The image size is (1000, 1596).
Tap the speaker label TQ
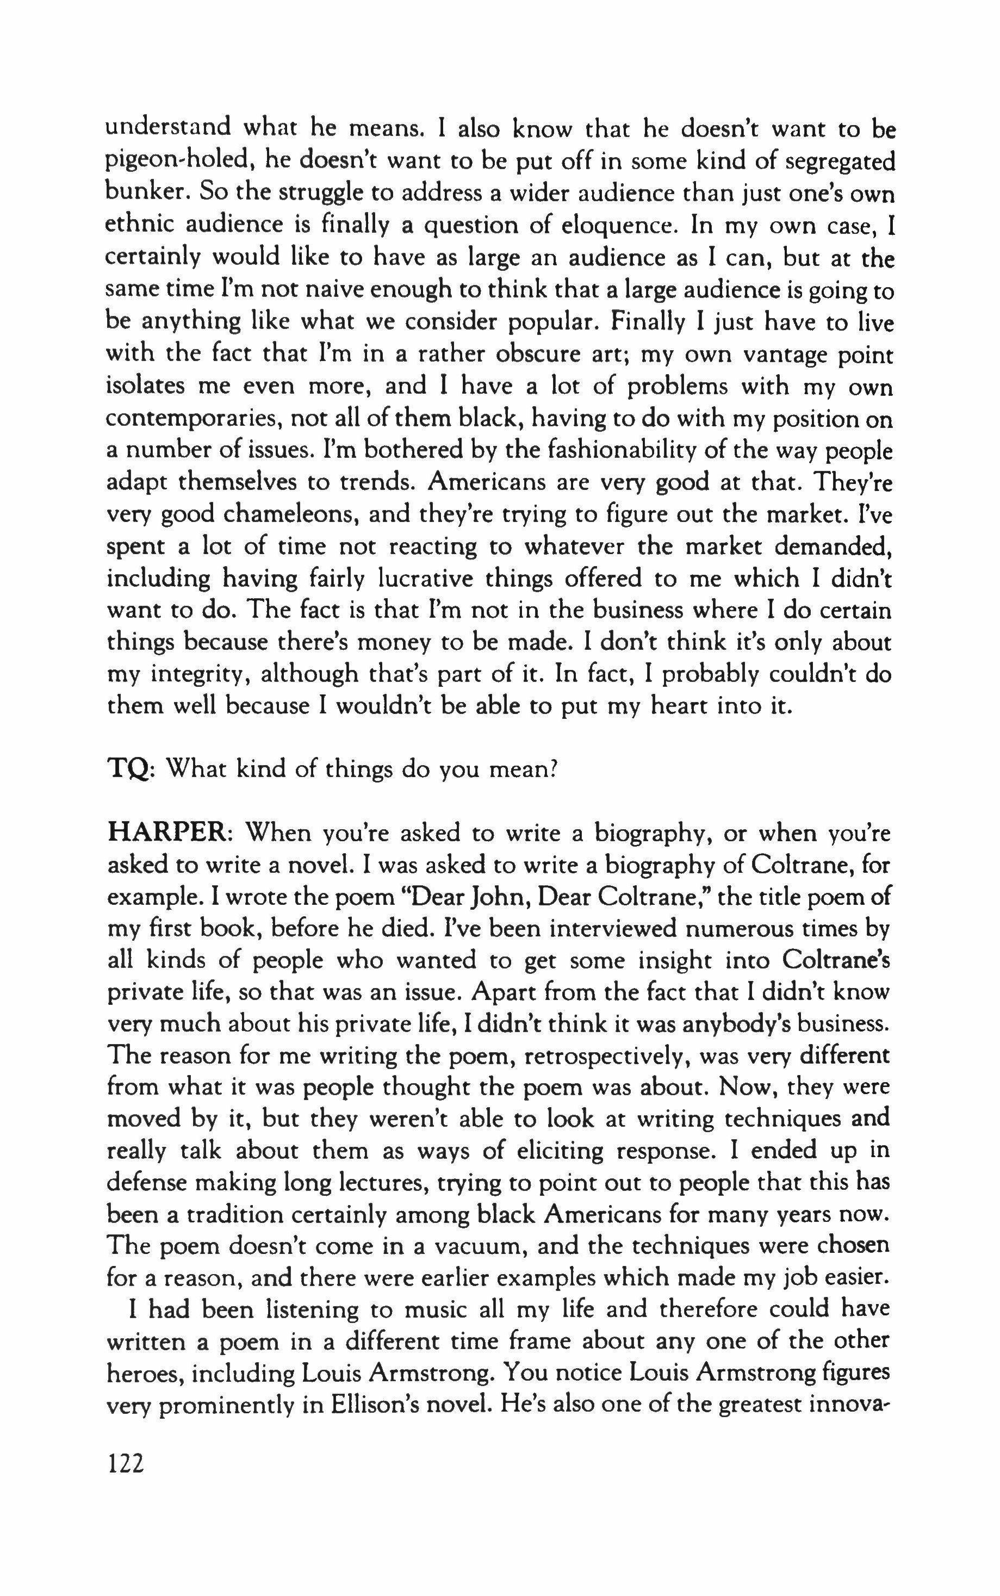129,769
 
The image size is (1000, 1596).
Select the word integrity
198,675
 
